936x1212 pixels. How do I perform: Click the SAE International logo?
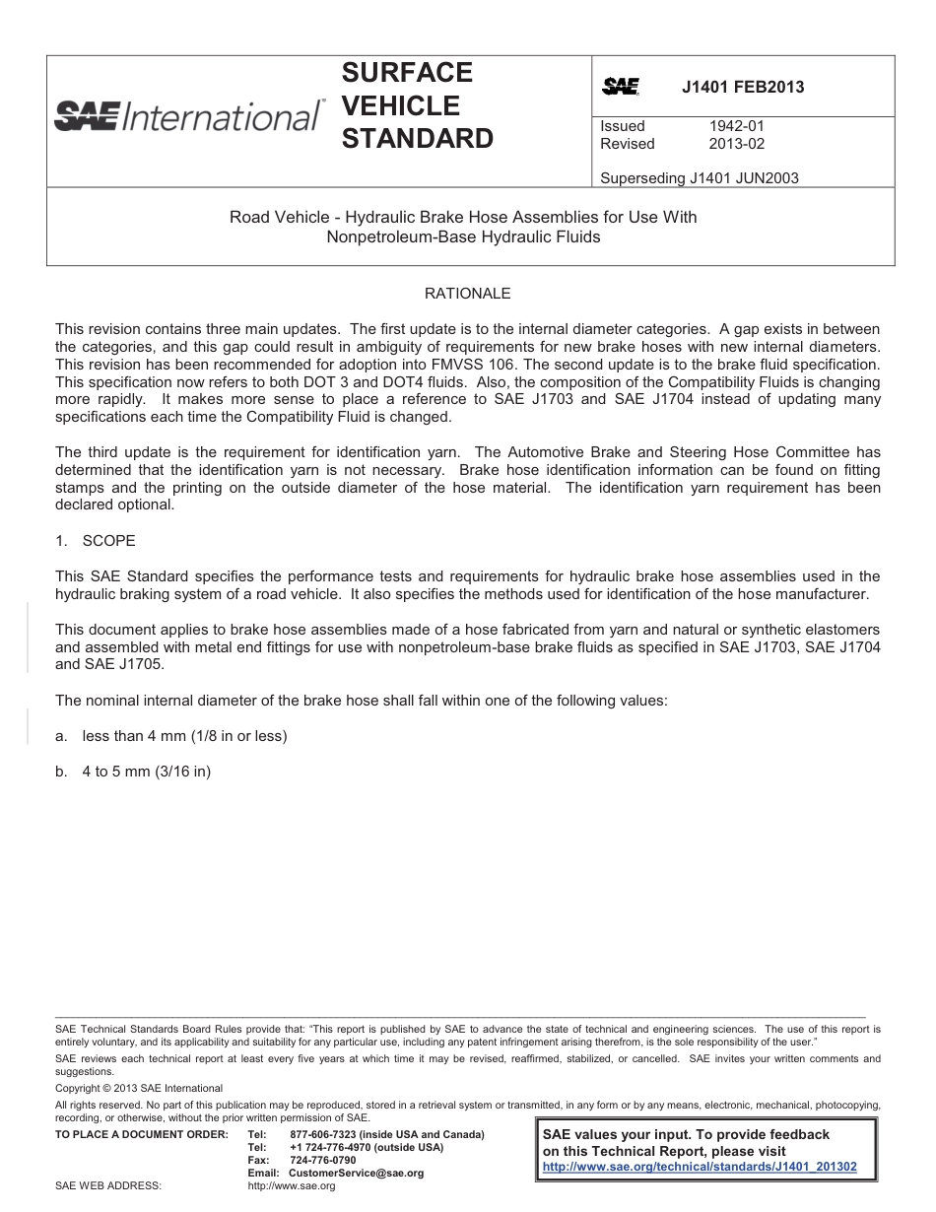[x=187, y=116]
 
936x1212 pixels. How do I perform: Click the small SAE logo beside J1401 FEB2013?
[x=621, y=87]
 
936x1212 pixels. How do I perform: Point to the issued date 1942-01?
[x=736, y=126]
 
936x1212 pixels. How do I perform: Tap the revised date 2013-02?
[x=736, y=144]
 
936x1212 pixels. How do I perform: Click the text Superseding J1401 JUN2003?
[x=699, y=178]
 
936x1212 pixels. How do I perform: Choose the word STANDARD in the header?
[x=417, y=139]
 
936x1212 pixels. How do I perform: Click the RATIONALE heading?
[x=467, y=294]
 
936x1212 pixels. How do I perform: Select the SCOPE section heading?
[x=108, y=541]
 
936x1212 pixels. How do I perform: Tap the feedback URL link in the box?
[x=700, y=1167]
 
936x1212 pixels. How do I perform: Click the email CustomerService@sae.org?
[x=356, y=1174]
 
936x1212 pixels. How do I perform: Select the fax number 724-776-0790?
[x=323, y=1161]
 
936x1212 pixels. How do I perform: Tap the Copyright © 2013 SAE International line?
[x=139, y=1089]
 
